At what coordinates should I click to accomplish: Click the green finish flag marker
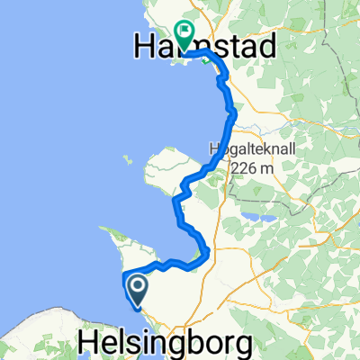point(184,34)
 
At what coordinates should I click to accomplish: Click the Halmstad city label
point(204,44)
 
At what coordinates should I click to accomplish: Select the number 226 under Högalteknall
point(245,167)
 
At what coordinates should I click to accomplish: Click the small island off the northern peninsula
point(129,162)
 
